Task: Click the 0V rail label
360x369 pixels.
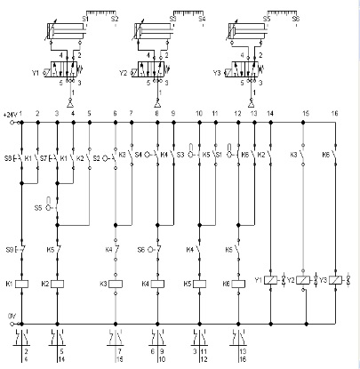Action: tap(11, 315)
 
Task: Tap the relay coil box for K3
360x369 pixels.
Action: tap(116, 285)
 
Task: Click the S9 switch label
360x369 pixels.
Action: tap(10, 250)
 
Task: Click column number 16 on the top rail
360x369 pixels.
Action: tap(334, 115)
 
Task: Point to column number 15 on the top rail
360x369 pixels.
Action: tap(305, 115)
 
